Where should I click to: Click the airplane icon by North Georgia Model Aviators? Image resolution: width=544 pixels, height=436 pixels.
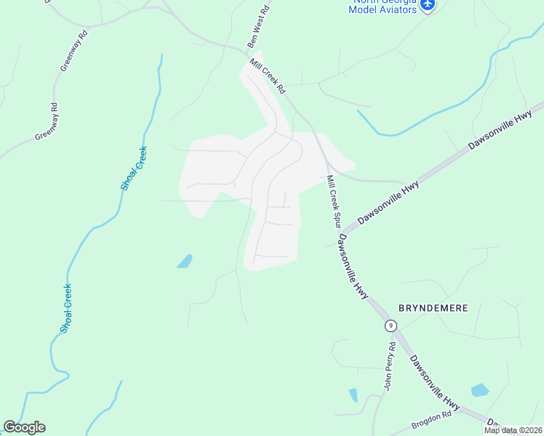click(x=428, y=5)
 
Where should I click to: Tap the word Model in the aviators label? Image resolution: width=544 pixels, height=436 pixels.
click(x=366, y=9)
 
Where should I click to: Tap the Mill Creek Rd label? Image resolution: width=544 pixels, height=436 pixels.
click(x=268, y=76)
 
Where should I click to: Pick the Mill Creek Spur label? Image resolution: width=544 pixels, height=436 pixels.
click(x=334, y=202)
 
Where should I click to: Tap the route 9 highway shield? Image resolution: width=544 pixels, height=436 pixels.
click(x=391, y=325)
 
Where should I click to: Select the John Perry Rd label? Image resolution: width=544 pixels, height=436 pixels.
click(x=391, y=368)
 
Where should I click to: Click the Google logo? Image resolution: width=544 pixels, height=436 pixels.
click(x=24, y=427)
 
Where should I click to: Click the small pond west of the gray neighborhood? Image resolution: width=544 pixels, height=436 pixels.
click(x=185, y=262)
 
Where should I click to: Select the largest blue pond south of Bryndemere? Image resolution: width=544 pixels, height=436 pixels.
click(x=479, y=391)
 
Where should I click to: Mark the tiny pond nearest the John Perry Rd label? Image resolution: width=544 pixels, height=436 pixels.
click(x=353, y=395)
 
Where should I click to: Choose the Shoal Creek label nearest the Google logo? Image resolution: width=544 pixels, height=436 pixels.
click(x=65, y=308)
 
